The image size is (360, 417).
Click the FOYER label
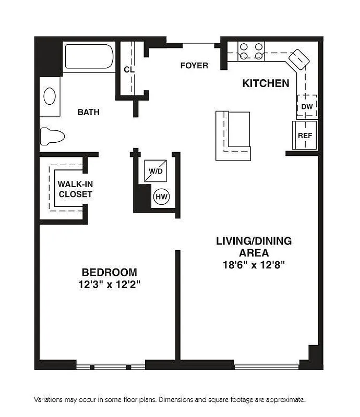tap(194, 66)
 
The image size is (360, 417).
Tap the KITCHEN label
tap(266, 83)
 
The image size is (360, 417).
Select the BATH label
tap(89, 112)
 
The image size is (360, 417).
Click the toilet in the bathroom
tap(52, 136)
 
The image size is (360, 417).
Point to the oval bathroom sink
tap(50, 96)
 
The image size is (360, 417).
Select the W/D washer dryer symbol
tap(155, 170)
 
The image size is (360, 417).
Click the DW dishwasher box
tap(307, 106)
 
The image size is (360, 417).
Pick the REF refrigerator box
tap(305, 135)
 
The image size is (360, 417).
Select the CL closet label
tap(129, 70)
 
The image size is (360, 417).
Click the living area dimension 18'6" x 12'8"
tap(254, 264)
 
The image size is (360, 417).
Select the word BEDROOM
tap(110, 272)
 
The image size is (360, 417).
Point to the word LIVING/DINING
tap(254, 241)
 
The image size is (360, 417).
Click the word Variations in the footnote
tap(51, 400)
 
